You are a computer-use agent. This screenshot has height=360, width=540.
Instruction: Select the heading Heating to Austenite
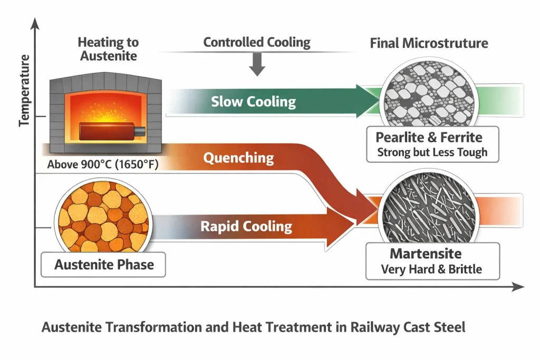108,48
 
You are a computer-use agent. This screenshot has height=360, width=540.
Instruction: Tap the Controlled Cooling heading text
257,42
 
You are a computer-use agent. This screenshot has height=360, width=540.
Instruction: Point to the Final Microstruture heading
429,43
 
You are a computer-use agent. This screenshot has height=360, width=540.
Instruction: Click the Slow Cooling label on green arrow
253,101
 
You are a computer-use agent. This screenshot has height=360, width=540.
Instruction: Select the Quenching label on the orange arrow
238,158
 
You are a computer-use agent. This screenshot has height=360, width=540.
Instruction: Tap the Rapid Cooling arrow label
246,227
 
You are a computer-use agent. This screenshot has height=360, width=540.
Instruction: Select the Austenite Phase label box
104,264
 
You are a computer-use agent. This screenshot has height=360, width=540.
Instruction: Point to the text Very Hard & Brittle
431,270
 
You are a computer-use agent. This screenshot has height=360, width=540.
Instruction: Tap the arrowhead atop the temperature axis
35,22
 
